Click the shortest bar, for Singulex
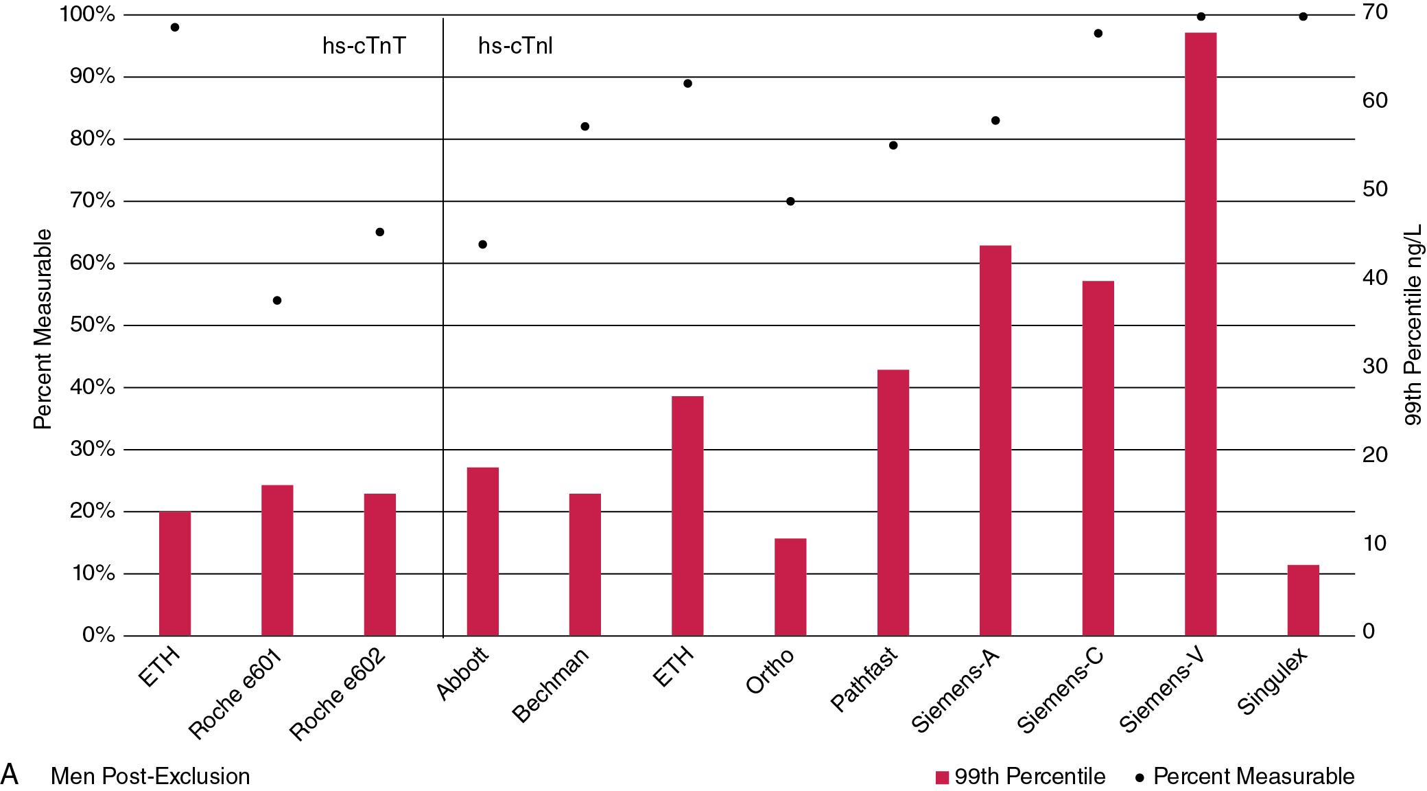tap(1303, 600)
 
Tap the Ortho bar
tap(790, 587)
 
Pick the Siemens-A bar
tap(995, 440)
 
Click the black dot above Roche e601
tap(277, 300)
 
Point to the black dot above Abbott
tap(482, 244)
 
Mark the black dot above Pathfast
tap(893, 146)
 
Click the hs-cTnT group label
tap(364, 46)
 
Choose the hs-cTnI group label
tap(515, 46)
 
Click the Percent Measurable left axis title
tap(43, 329)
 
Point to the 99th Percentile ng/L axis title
tap(1413, 324)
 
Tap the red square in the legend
tap(942, 777)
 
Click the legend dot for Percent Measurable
tap(1141, 777)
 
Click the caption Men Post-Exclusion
tap(150, 777)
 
